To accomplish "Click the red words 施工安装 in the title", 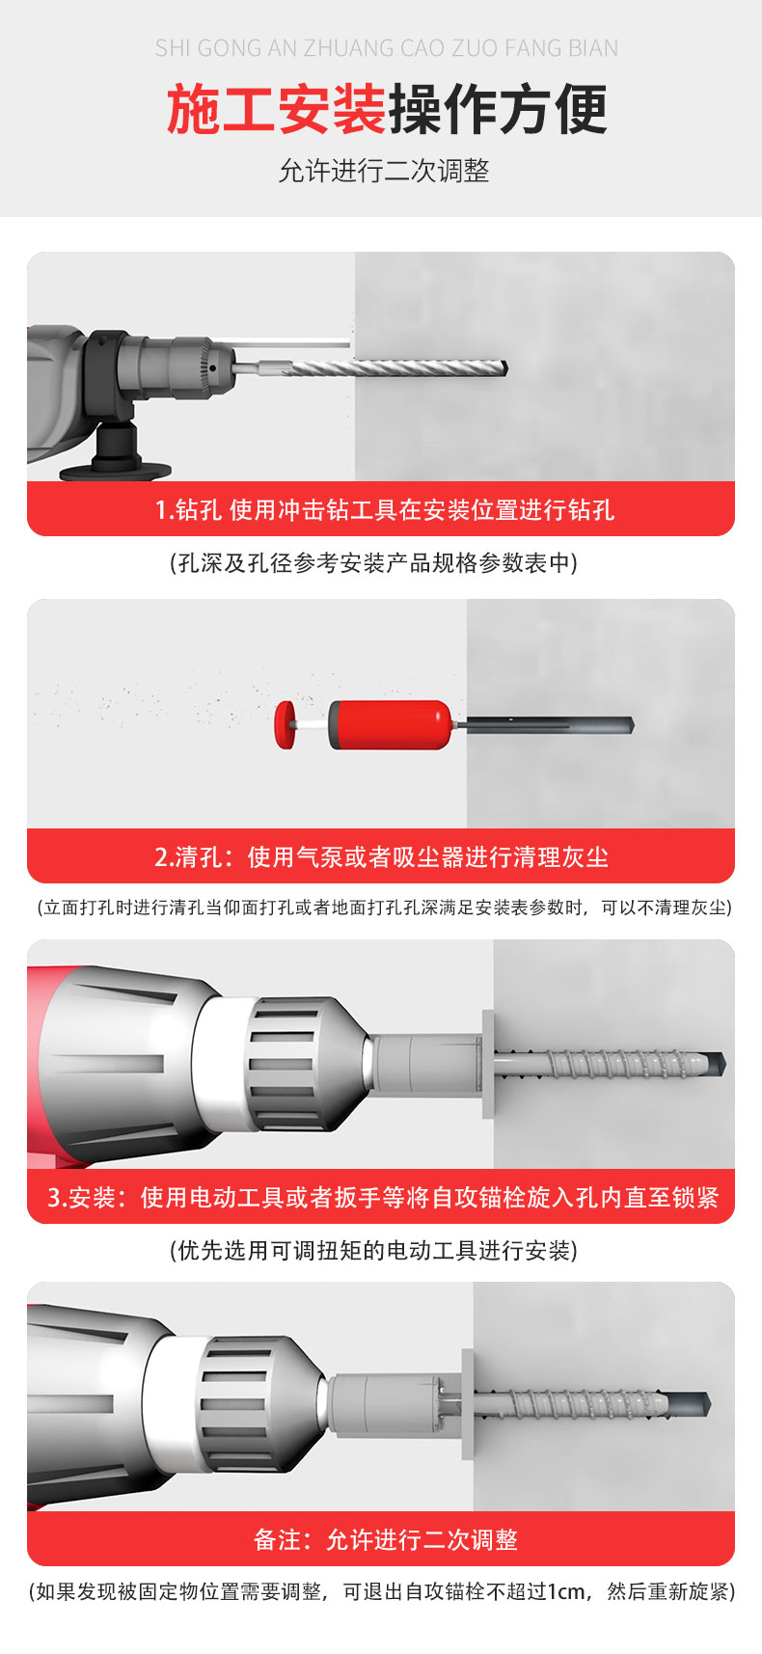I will click(276, 110).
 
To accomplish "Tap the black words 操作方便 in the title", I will click(498, 110).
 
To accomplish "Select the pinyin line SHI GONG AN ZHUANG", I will click(386, 48).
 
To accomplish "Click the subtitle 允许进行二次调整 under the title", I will click(384, 171).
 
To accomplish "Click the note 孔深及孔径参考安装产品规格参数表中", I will click(373, 563).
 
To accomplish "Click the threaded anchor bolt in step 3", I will click(608, 1064).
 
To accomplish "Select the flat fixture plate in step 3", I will click(488, 1064).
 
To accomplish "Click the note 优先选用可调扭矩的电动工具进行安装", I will click(373, 1251).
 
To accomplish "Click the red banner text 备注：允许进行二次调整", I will click(385, 1539).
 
